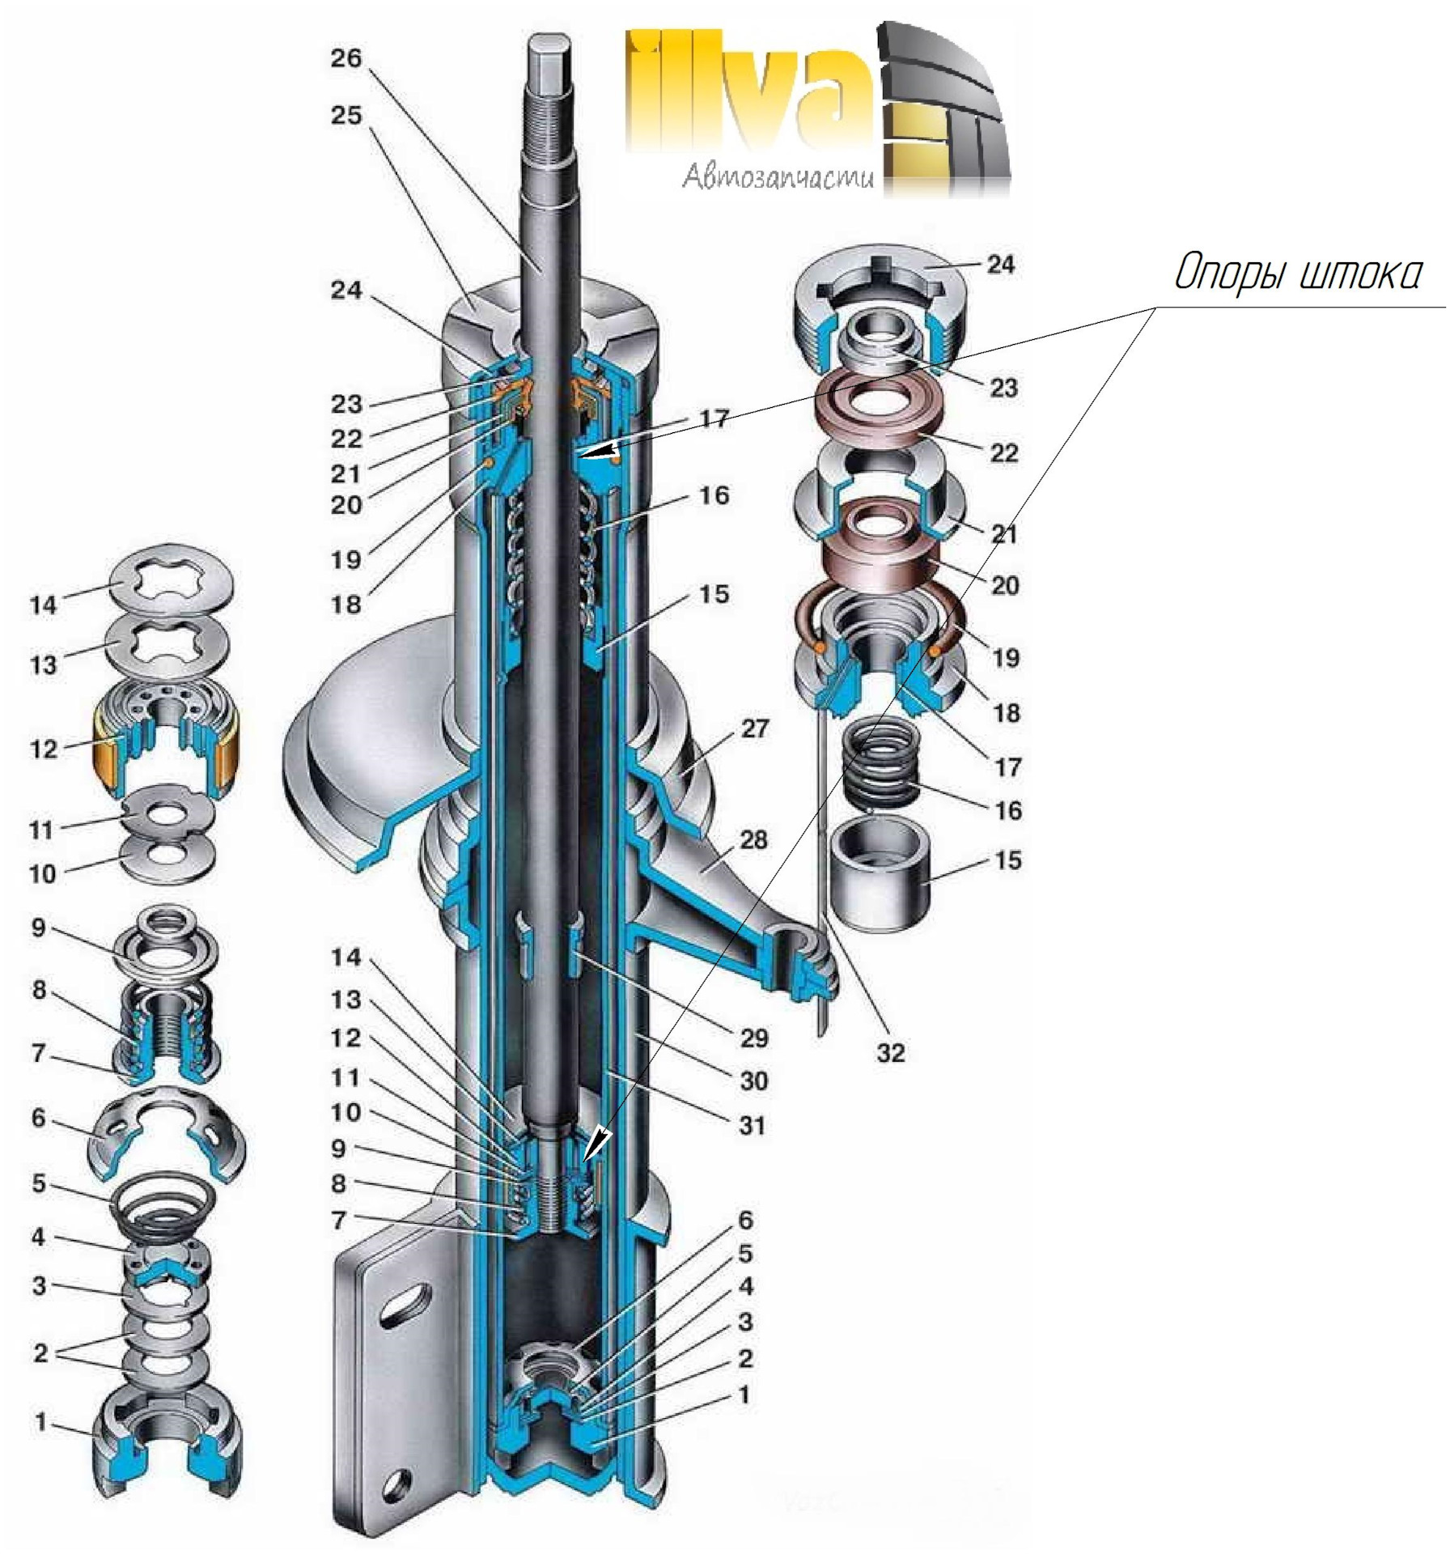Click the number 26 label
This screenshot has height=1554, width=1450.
346,59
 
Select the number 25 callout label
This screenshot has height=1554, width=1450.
346,116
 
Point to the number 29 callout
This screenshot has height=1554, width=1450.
753,1038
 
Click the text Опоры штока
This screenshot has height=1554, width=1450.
1296,274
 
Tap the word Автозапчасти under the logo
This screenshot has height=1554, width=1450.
778,176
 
